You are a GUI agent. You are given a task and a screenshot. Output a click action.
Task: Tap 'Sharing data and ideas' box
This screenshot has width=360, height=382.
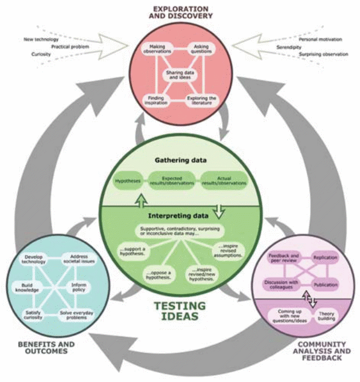(x=179, y=76)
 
